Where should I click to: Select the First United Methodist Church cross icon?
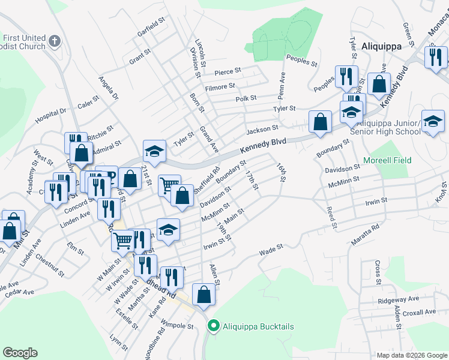(x=55, y=41)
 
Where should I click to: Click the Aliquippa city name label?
(x=386, y=45)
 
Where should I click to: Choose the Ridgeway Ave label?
(x=399, y=299)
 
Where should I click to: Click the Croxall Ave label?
(x=420, y=312)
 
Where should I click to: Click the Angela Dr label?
(x=109, y=88)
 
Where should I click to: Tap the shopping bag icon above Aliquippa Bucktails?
(x=203, y=295)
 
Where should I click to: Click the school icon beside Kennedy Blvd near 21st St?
(x=154, y=151)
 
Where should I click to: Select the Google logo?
(x=20, y=352)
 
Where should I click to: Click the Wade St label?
(x=271, y=249)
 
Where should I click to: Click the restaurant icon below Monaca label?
(x=435, y=57)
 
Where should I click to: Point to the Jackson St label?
(x=262, y=129)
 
